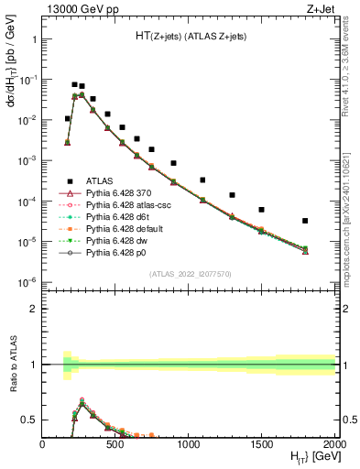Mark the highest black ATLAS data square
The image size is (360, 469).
[74, 84]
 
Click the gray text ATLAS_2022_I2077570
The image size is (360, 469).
[190, 273]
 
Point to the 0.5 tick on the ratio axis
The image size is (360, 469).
[32, 420]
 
